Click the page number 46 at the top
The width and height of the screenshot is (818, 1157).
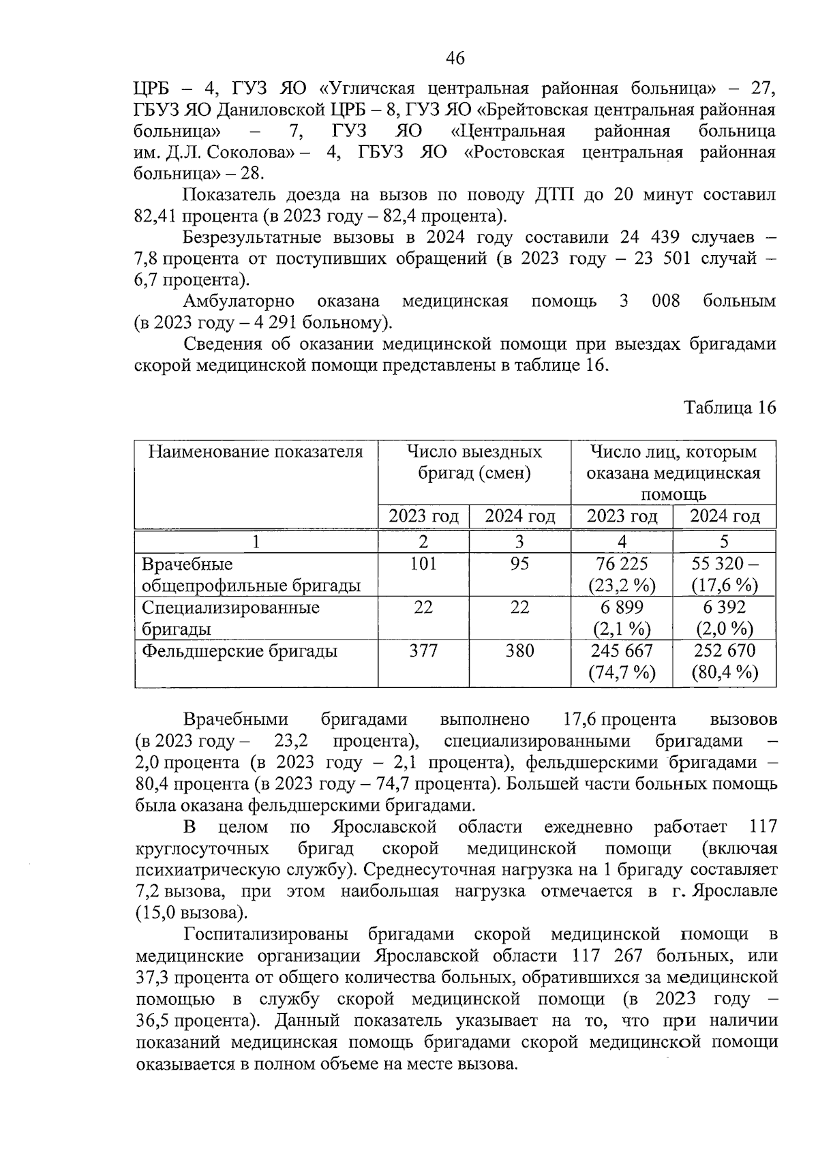[x=455, y=59]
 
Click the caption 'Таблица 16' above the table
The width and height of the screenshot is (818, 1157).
[x=730, y=408]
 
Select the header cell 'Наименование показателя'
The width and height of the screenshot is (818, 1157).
[x=256, y=452]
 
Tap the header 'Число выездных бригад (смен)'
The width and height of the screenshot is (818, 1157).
[x=474, y=462]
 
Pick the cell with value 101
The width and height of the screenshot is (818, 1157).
[x=423, y=564]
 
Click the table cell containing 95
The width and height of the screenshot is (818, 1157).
[x=519, y=564]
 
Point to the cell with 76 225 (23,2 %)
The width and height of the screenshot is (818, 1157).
[x=621, y=574]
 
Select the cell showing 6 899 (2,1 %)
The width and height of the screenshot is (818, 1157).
[x=621, y=618]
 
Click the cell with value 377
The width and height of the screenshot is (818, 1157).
[x=423, y=651]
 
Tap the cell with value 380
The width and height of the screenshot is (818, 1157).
[x=519, y=651]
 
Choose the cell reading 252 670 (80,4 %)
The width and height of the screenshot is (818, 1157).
[x=724, y=661]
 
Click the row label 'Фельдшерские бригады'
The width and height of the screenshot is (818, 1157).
[x=239, y=651]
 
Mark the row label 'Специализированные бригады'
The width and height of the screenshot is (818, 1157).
[x=230, y=618]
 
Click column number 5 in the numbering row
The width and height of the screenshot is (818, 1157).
[x=724, y=541]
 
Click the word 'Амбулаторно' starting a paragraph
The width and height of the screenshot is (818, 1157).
[x=238, y=301]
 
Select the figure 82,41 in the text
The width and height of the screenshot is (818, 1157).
[x=156, y=216]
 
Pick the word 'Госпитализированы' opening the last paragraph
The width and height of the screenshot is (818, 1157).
[x=266, y=934]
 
